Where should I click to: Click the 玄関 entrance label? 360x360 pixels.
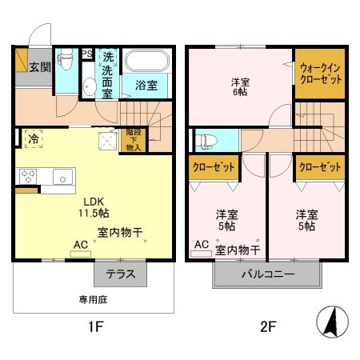40,67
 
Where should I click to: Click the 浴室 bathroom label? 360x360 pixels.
146,83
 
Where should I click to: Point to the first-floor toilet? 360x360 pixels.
86,86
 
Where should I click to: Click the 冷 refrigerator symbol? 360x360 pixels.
34,138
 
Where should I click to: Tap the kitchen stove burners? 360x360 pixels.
27,176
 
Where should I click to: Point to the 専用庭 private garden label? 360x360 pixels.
94,302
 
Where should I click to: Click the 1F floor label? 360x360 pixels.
94,327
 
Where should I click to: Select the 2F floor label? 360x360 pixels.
267,327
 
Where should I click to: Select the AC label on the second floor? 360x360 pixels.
201,244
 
